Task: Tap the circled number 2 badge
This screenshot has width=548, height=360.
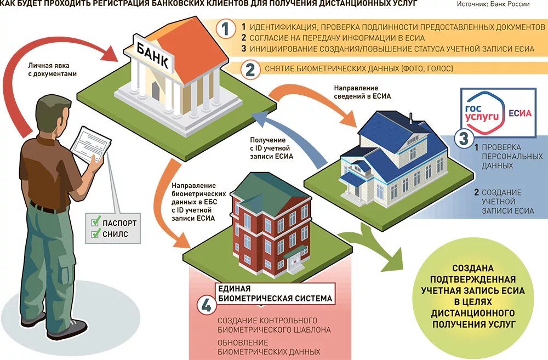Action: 249,70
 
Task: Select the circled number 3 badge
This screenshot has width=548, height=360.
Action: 464,138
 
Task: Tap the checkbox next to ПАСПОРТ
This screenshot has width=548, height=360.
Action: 95,223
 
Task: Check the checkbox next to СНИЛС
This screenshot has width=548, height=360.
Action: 95,235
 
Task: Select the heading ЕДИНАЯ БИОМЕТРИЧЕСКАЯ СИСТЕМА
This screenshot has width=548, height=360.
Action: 275,294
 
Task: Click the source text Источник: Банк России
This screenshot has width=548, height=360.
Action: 493,4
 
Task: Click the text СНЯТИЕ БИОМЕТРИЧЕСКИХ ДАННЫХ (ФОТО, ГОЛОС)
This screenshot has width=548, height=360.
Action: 352,69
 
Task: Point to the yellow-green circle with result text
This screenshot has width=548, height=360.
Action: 475,296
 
